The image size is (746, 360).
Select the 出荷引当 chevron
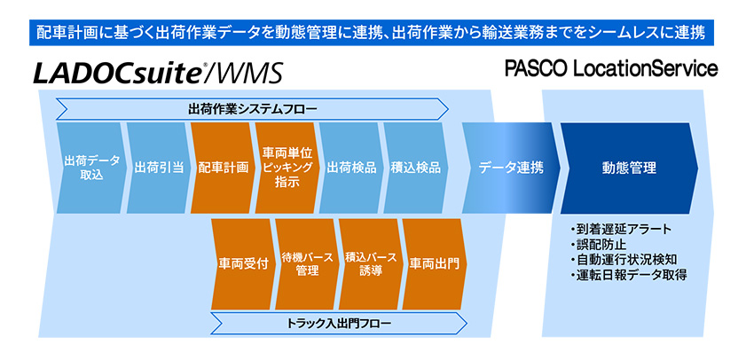(156, 168)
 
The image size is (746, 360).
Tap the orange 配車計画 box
(222, 168)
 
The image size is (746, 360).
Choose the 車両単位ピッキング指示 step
(286, 168)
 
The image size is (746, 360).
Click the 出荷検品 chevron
(350, 168)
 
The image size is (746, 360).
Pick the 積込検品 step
(414, 168)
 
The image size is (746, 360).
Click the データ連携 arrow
(509, 168)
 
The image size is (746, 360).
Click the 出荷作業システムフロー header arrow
(252, 109)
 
